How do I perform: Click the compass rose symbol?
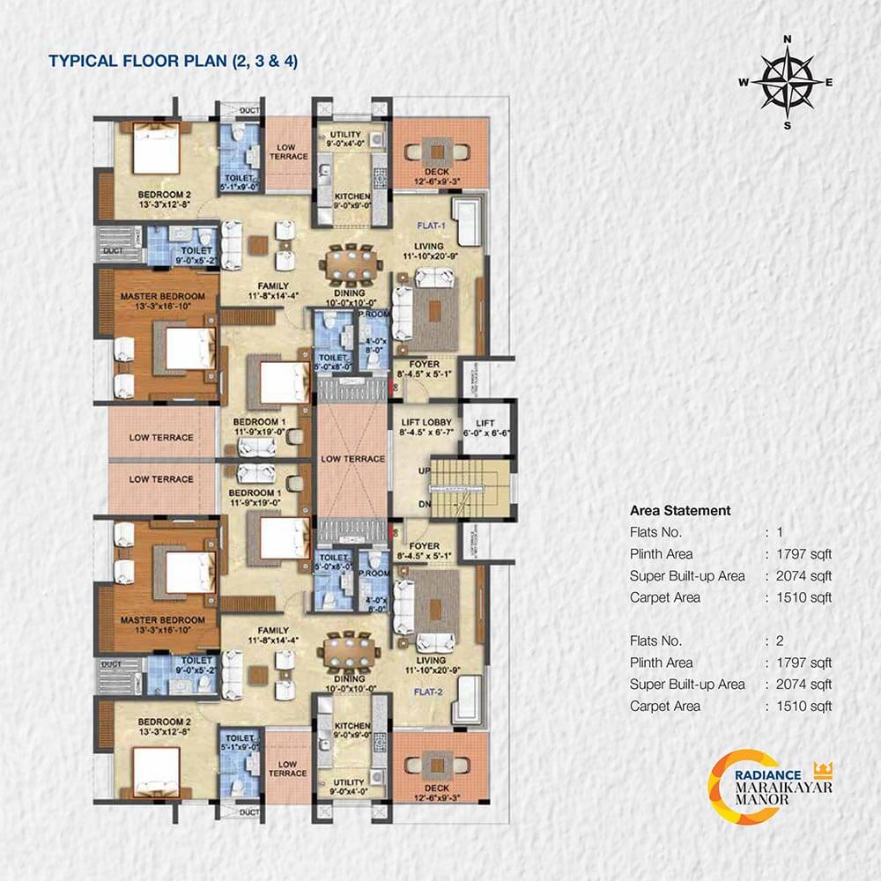[x=787, y=82]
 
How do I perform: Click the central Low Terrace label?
[x=352, y=459]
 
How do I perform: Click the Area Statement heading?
[x=680, y=510]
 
